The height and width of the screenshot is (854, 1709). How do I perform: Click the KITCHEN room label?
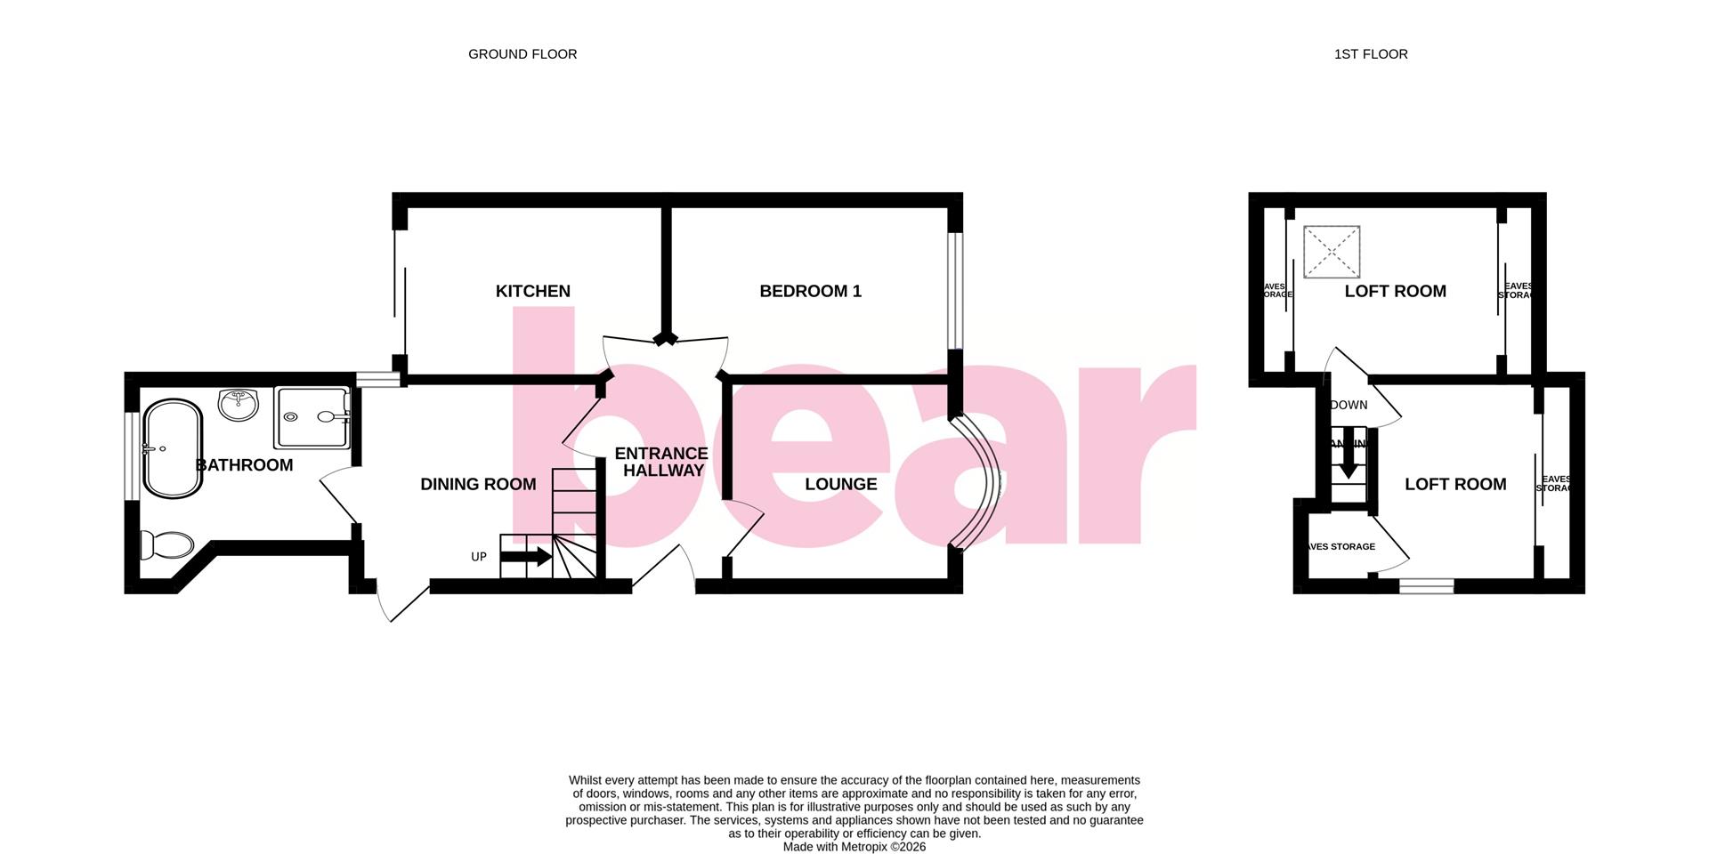pos(532,291)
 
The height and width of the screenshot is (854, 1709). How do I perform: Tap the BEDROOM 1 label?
pos(810,291)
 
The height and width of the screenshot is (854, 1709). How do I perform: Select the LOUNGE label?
pos(840,484)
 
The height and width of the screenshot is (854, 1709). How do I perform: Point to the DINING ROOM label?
pos(478,484)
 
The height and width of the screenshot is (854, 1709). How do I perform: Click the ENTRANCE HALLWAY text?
pos(662,462)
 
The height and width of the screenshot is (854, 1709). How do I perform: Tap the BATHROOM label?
pos(244,465)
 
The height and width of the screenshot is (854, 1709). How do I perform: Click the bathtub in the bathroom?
pos(173,448)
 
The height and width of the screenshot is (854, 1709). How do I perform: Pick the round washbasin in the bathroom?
pos(238,405)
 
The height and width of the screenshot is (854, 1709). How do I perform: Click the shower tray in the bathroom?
pos(311,417)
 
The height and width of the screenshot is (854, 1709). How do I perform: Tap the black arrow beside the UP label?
pos(526,558)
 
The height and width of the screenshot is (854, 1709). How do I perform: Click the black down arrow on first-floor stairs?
pos(1349,459)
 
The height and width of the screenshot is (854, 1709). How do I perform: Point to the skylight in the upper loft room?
pos(1332,253)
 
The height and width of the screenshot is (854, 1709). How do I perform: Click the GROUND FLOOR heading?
pos(522,54)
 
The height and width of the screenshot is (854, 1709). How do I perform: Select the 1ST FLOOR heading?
pos(1371,54)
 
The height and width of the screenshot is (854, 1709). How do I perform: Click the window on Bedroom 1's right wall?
pos(954,291)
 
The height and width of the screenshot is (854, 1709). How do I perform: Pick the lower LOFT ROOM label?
pos(1455,484)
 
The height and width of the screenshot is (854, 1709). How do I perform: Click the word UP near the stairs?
pos(479,557)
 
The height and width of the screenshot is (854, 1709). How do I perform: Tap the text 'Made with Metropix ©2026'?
pos(854,847)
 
